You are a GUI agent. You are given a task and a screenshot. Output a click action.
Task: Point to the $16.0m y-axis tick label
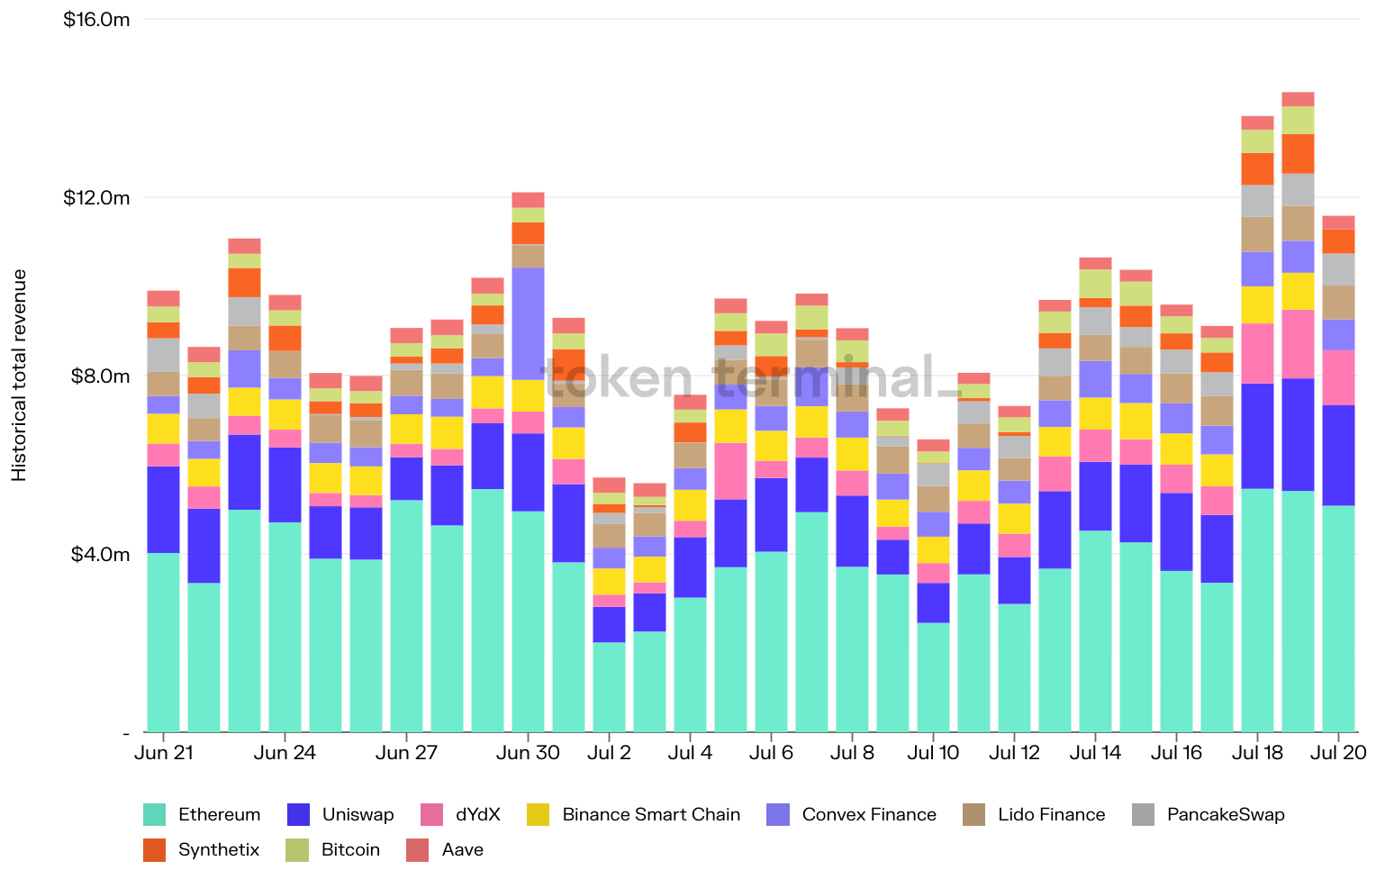[x=96, y=20]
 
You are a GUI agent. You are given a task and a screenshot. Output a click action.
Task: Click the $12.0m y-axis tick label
[x=96, y=198]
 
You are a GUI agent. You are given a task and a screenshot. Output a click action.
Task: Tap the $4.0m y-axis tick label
[x=100, y=554]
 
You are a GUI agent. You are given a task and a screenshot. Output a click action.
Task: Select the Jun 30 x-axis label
[x=528, y=753]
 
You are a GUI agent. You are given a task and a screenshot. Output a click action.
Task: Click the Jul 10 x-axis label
[x=933, y=753]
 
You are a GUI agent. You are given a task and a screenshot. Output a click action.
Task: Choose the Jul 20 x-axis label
[x=1338, y=753]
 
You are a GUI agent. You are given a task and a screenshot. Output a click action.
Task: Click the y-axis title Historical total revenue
[x=20, y=375]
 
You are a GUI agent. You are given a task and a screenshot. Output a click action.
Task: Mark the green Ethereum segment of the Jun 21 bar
[x=163, y=641]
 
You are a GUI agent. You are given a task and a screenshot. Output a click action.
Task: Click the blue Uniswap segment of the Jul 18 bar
[x=1257, y=436]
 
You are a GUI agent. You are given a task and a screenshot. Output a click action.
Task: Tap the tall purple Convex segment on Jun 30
[x=528, y=323]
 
